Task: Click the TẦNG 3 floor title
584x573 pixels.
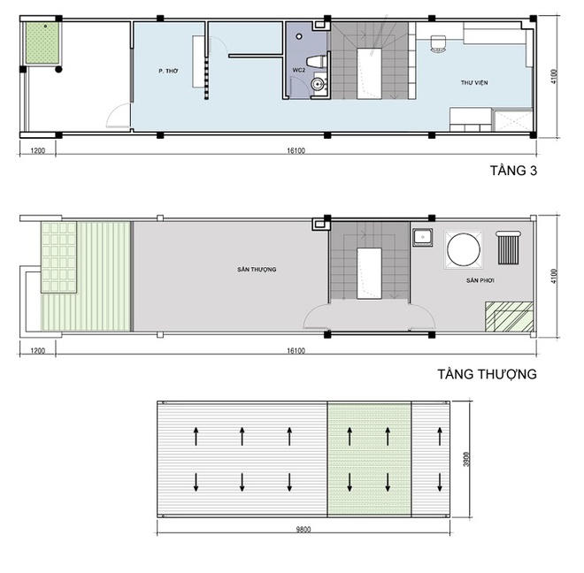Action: (x=513, y=171)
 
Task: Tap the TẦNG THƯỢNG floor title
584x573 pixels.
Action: (x=488, y=374)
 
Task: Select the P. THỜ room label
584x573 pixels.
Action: (x=168, y=71)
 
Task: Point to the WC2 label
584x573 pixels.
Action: (x=299, y=70)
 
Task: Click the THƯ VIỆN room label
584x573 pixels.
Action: (x=474, y=82)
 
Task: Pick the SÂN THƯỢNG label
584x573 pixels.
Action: (x=257, y=269)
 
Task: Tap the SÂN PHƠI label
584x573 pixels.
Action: (x=480, y=280)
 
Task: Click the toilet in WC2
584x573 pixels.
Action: (x=316, y=61)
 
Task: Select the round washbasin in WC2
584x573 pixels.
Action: (x=318, y=84)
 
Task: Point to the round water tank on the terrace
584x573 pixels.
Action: (x=464, y=250)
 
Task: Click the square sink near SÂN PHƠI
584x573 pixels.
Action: (x=423, y=238)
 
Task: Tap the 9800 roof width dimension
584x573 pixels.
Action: (x=304, y=529)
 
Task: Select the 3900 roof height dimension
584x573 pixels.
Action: (x=466, y=460)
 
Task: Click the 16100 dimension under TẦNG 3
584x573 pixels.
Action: (x=296, y=150)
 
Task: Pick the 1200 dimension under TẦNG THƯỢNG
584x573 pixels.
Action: (x=38, y=350)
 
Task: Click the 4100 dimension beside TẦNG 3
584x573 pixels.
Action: (x=553, y=76)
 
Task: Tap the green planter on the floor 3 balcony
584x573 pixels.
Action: (x=42, y=43)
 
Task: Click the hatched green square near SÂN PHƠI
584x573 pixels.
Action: (x=509, y=317)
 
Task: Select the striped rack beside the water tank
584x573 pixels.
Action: (x=509, y=248)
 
